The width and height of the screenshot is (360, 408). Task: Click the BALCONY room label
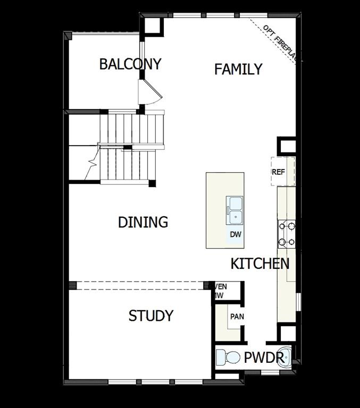coord(130,64)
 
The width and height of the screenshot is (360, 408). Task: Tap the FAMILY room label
coord(238,69)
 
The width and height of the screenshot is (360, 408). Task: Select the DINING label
coord(143,222)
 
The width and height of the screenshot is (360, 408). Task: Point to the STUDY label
coord(151,316)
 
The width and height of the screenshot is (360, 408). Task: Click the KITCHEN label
coord(260,263)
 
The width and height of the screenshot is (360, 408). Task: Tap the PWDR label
coord(264,358)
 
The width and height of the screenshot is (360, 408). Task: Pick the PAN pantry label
coord(237,317)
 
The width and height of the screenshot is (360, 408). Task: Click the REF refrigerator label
coord(279,172)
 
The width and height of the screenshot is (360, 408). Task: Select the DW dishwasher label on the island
coord(236,234)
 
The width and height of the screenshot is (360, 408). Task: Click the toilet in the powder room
coord(227,357)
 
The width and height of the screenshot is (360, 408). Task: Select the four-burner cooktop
coord(286,234)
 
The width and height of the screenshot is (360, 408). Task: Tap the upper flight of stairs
coord(132,128)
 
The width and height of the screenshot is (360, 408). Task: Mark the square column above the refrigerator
coord(286,146)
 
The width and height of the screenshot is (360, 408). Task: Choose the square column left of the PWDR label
coord(287,333)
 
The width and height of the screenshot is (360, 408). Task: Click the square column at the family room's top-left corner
coord(153,26)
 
